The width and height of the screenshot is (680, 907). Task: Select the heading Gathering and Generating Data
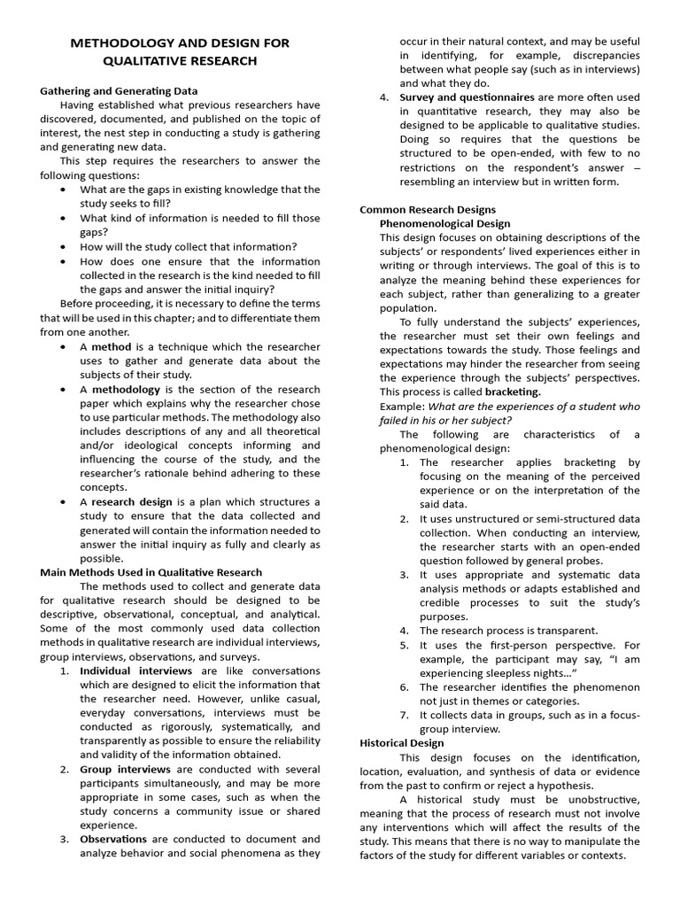coord(119,91)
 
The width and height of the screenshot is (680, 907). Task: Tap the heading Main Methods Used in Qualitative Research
coord(151,572)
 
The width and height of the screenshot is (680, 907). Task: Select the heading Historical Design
coord(402,743)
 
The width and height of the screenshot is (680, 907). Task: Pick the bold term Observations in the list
coord(113,839)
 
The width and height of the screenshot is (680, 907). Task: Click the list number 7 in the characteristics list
coord(404,715)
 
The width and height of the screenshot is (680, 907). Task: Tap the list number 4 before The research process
coord(404,631)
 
